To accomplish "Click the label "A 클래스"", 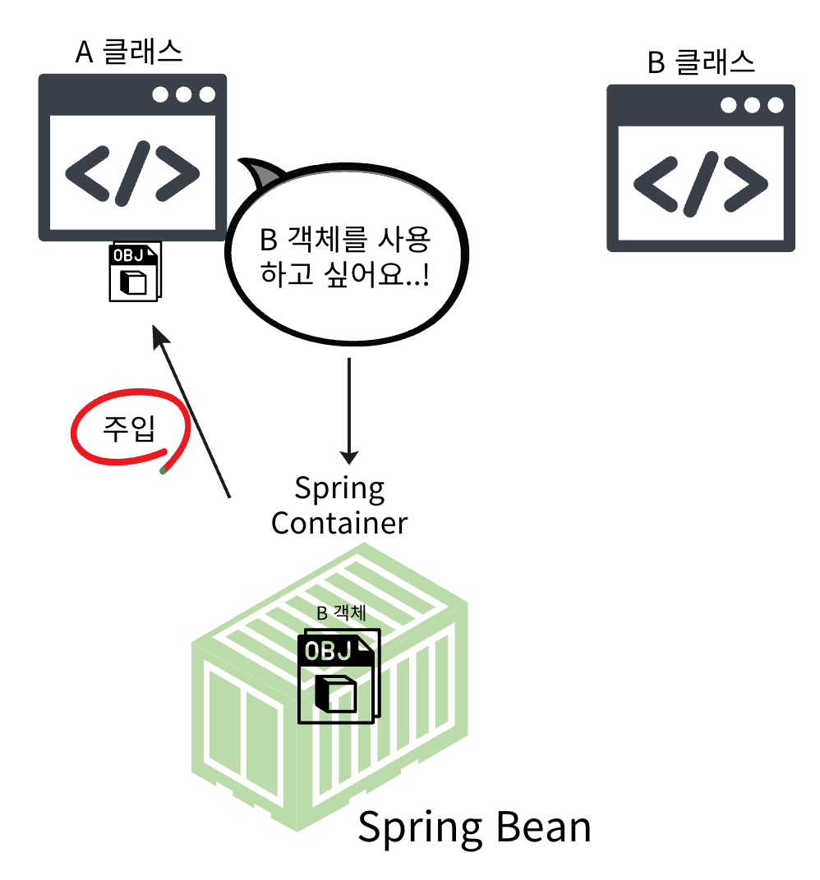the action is click(129, 53).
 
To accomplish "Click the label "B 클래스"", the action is click(701, 63).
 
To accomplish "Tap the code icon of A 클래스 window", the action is click(132, 174).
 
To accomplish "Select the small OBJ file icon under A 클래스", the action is click(135, 272).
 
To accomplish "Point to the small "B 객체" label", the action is click(340, 613).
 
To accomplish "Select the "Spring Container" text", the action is click(339, 506).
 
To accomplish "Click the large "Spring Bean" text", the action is click(474, 827).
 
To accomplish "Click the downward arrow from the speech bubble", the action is click(351, 410).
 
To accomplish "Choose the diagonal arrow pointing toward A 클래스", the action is click(191, 410).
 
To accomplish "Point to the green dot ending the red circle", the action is click(163, 471).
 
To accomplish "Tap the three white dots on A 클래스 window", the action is click(183, 94).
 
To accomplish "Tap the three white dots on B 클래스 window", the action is click(751, 105).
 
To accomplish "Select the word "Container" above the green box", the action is click(339, 523).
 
